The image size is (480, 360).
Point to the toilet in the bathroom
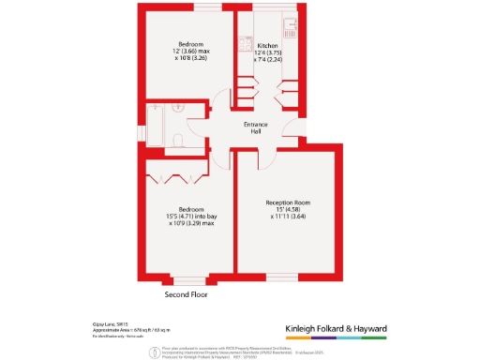[x=179, y=141]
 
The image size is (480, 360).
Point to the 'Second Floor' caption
[x=187, y=293]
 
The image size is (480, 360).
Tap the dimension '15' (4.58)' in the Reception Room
[x=286, y=209]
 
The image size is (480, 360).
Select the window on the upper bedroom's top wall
[x=187, y=9]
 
